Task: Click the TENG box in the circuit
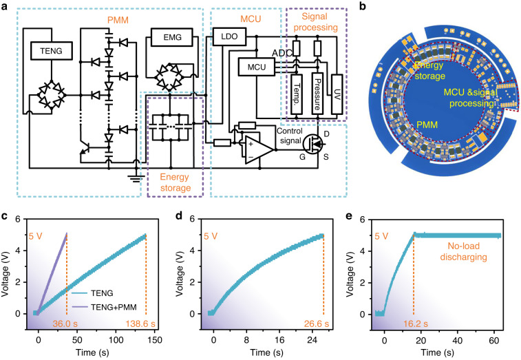46,50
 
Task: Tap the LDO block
224,34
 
